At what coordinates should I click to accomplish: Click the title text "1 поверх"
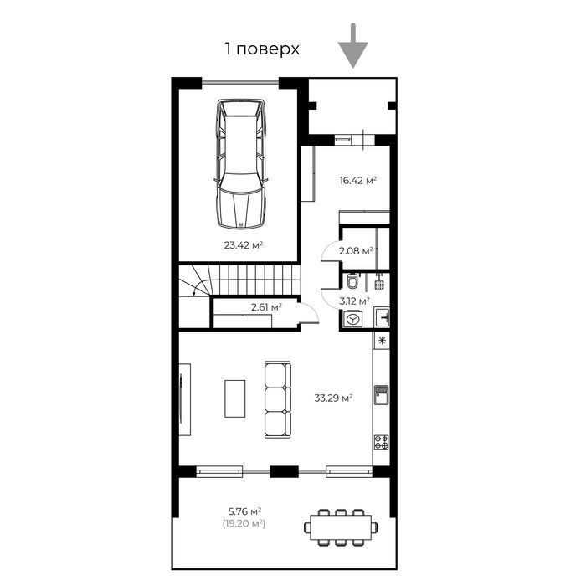pyautogui.click(x=262, y=49)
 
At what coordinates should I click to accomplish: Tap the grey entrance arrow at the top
pyautogui.click(x=353, y=46)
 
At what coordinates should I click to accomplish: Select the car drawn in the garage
pyautogui.click(x=241, y=164)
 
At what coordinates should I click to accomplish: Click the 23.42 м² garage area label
pyautogui.click(x=244, y=245)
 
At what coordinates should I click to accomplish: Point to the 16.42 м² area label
pyautogui.click(x=357, y=181)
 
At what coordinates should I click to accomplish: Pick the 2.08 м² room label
pyautogui.click(x=356, y=251)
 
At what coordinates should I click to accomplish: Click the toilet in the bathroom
pyautogui.click(x=352, y=281)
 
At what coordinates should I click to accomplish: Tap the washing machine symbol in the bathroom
pyautogui.click(x=352, y=320)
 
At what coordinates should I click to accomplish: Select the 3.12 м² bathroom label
pyautogui.click(x=355, y=301)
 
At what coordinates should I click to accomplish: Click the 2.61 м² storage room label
pyautogui.click(x=266, y=307)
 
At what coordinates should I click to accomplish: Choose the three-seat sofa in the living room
pyautogui.click(x=278, y=399)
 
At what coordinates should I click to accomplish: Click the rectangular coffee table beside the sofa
pyautogui.click(x=235, y=398)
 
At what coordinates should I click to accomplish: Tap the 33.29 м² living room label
pyautogui.click(x=334, y=398)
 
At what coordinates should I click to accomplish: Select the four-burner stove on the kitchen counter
pyautogui.click(x=382, y=442)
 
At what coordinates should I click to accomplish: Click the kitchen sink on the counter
pyautogui.click(x=382, y=395)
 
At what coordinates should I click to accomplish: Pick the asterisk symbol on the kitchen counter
pyautogui.click(x=382, y=341)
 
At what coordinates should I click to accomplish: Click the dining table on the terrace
pyautogui.click(x=341, y=527)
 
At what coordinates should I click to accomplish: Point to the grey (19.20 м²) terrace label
pyautogui.click(x=244, y=523)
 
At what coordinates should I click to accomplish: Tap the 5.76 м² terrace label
pyautogui.click(x=244, y=511)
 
